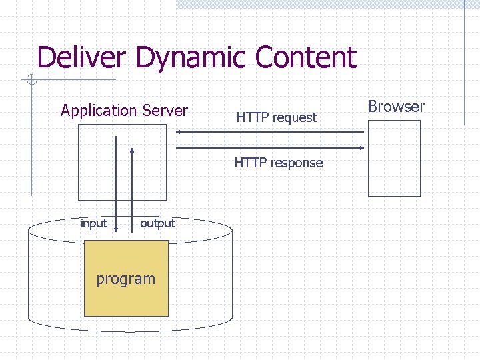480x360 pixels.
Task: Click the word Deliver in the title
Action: click(x=83, y=57)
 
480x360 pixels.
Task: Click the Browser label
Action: click(x=396, y=107)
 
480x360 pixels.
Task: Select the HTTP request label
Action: click(x=277, y=118)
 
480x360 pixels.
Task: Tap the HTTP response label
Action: click(x=278, y=163)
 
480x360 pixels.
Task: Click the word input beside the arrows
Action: click(x=93, y=223)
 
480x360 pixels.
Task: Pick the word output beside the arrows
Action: click(x=157, y=223)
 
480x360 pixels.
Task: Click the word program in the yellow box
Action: click(x=125, y=279)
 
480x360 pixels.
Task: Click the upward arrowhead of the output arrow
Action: click(x=132, y=151)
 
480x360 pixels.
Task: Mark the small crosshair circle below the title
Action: click(x=31, y=81)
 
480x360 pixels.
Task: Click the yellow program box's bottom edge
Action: click(x=126, y=315)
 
